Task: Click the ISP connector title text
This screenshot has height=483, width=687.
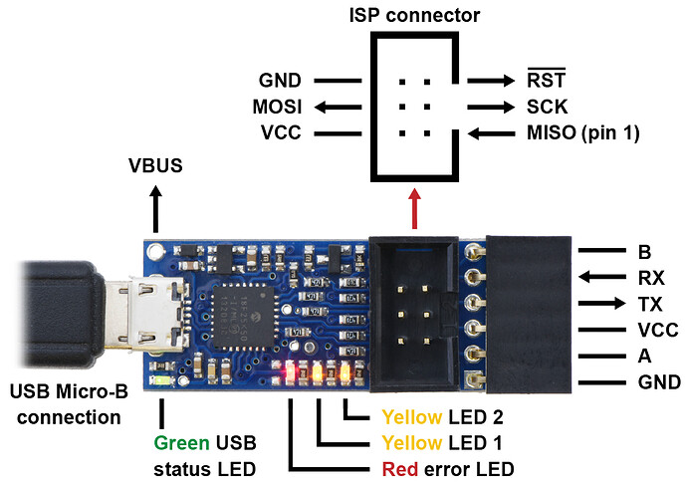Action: pyautogui.click(x=414, y=15)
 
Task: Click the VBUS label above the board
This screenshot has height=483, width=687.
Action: pyautogui.click(x=154, y=165)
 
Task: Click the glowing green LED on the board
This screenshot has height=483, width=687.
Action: pyautogui.click(x=162, y=380)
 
